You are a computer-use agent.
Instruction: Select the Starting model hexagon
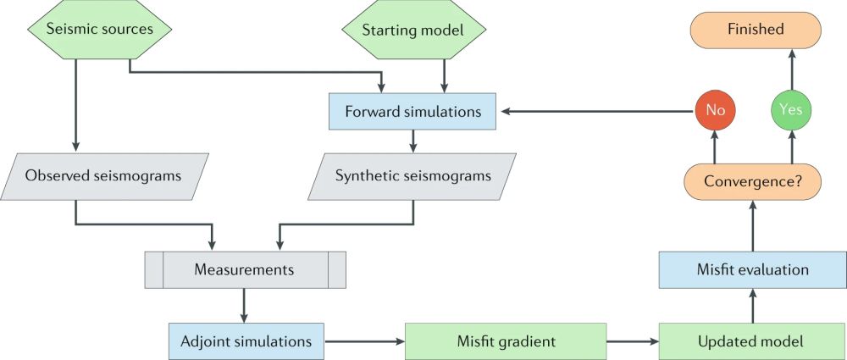(x=414, y=30)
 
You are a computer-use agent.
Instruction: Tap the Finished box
(x=756, y=30)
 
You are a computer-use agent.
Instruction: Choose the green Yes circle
(x=791, y=110)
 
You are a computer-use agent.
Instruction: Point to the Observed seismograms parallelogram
(x=103, y=176)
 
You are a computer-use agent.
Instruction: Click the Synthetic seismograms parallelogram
(x=413, y=176)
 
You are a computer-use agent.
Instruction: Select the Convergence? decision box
(x=752, y=180)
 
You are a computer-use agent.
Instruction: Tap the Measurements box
(x=245, y=270)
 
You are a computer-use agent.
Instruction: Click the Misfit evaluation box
(x=752, y=270)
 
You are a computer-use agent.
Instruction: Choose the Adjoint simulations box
(x=246, y=341)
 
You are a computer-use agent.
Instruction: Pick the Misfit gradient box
(x=506, y=341)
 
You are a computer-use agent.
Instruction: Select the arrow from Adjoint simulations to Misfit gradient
(x=364, y=341)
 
